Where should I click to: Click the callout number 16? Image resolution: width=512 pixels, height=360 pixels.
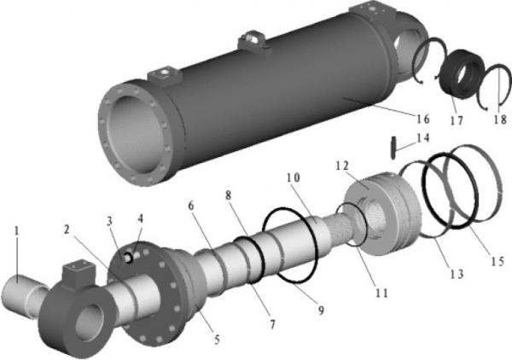tap(423, 119)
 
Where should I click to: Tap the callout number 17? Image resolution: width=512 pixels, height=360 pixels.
tap(457, 121)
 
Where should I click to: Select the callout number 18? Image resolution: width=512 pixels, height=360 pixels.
tap(499, 119)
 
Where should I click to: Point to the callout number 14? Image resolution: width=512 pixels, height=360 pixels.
tap(422, 137)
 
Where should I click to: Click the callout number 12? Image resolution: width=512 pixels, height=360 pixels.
tap(342, 165)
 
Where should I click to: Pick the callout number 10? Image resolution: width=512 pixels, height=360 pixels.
tap(294, 178)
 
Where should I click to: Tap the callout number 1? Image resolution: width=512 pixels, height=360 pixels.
tap(17, 230)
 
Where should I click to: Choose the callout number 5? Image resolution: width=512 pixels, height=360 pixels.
tap(217, 340)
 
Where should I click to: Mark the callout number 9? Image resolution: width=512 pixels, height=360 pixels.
tap(321, 311)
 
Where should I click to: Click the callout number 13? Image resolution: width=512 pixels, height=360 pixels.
tap(457, 274)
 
